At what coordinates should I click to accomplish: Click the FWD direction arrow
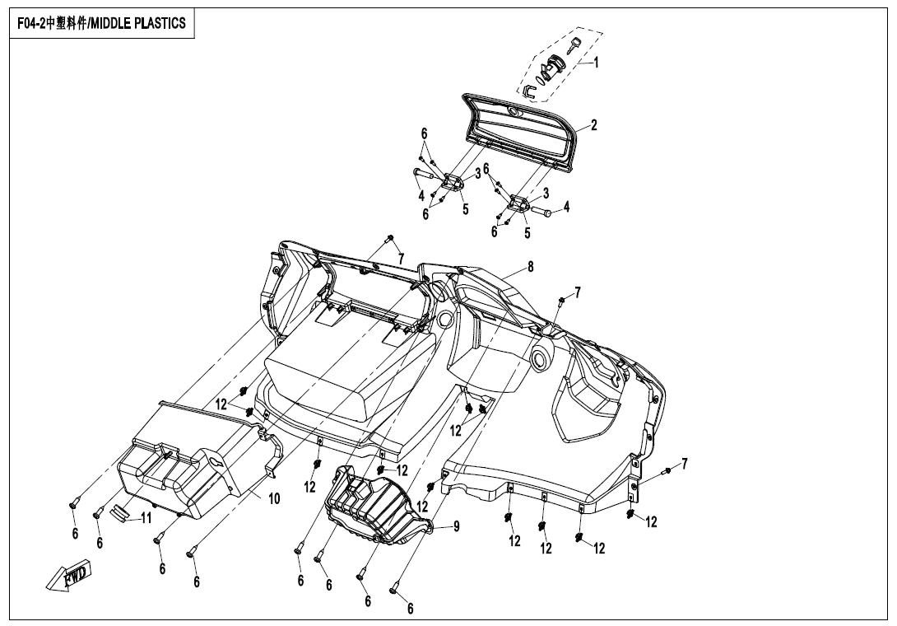67,574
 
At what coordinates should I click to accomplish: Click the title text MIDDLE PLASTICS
137,24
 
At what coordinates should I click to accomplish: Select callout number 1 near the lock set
596,63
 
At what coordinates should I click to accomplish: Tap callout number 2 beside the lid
594,125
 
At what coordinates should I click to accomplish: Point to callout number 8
531,266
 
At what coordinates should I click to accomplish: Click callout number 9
457,526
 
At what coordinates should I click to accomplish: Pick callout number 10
274,498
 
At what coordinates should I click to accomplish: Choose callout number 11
146,518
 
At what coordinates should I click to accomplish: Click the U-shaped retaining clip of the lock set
530,89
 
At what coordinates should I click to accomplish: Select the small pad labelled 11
119,512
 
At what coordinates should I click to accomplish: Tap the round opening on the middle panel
540,358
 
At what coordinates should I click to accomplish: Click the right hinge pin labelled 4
541,212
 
